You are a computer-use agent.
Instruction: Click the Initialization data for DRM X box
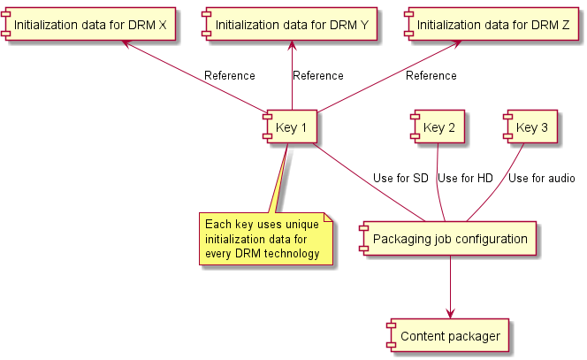click(88, 25)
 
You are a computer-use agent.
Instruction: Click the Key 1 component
click(290, 128)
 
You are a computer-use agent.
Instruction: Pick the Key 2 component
click(438, 128)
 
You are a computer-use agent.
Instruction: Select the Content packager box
click(449, 336)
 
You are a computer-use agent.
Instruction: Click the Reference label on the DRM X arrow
click(229, 76)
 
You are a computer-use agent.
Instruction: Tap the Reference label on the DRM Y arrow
click(317, 76)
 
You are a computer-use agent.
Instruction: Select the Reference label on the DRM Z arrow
click(431, 76)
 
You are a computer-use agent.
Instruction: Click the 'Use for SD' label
click(400, 179)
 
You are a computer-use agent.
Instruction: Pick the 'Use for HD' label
click(465, 179)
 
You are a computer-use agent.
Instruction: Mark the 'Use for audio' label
click(541, 179)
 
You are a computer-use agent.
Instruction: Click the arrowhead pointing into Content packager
click(450, 312)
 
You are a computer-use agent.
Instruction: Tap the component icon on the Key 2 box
click(413, 128)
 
